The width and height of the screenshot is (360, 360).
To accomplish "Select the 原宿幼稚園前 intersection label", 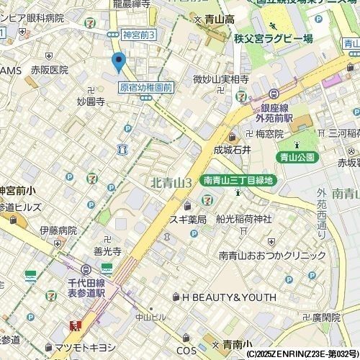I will [x=146, y=88].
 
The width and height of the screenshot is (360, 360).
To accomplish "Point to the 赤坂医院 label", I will [x=49, y=70].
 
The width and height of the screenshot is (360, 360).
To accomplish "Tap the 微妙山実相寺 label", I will [x=220, y=79].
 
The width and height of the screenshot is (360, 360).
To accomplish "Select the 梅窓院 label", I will [x=269, y=134].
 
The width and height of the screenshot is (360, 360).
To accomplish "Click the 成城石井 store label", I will [x=232, y=150].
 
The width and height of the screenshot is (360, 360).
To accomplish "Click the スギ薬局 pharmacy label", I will [x=188, y=219].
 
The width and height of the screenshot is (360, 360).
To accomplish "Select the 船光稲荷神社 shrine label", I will [x=243, y=219].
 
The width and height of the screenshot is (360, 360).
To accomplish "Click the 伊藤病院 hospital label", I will [x=58, y=230].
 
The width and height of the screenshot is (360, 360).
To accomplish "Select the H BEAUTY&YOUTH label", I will [x=229, y=297].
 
